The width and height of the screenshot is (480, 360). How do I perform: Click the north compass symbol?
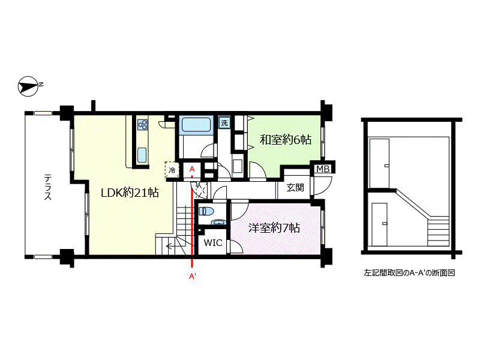pyautogui.click(x=28, y=86)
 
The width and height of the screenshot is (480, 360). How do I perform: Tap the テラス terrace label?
pyautogui.click(x=48, y=187)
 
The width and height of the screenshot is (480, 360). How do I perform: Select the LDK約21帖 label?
pyautogui.click(x=130, y=193)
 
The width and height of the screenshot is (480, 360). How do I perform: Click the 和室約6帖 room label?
pyautogui.click(x=286, y=140)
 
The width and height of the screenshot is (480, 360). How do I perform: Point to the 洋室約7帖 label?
pyautogui.click(x=274, y=228)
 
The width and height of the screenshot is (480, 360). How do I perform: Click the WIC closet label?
pyautogui.click(x=213, y=243)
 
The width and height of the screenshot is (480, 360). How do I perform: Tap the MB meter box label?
pyautogui.click(x=323, y=169)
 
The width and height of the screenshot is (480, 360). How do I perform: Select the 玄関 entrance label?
pyautogui.click(x=295, y=187)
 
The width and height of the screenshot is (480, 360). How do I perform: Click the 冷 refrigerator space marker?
pyautogui.click(x=172, y=170)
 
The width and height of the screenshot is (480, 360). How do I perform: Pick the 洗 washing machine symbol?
pyautogui.click(x=224, y=123)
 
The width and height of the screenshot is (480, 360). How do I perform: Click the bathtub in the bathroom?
pyautogui.click(x=196, y=125)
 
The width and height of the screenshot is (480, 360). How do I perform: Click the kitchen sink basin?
pyautogui.click(x=142, y=155)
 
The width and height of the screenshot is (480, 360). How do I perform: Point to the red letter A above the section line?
pyautogui.click(x=192, y=169)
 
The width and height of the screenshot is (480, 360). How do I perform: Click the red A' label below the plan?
pyautogui.click(x=192, y=277)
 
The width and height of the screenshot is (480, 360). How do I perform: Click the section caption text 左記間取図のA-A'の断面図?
pyautogui.click(x=409, y=273)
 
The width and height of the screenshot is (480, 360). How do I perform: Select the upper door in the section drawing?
pyautogui.click(x=379, y=163)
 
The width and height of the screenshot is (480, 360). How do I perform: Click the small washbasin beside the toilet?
pyautogui.click(x=218, y=222)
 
